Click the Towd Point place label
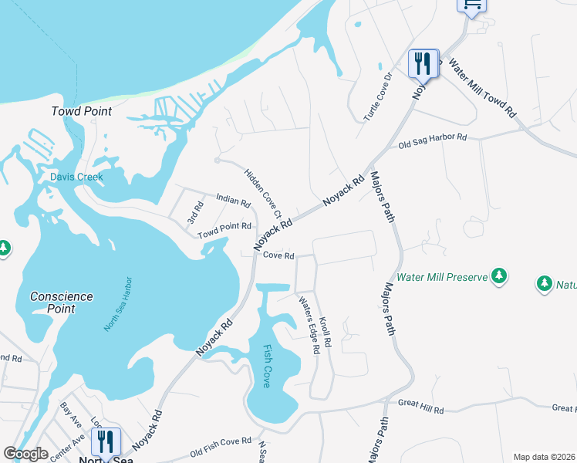pos(81,111)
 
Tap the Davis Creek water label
pos(76,177)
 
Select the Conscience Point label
pos(62,302)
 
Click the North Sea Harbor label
pos(119,305)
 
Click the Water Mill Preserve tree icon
pos(499,275)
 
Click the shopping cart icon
pos(471,5)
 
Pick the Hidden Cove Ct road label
pos(263,193)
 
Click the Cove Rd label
pos(278,255)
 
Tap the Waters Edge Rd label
pos(309,325)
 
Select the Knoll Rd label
pos(325,331)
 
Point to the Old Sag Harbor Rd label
pos(433,141)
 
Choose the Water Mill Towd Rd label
pos(481,89)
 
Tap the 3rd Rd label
pos(194,214)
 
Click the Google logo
pos(25,454)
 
